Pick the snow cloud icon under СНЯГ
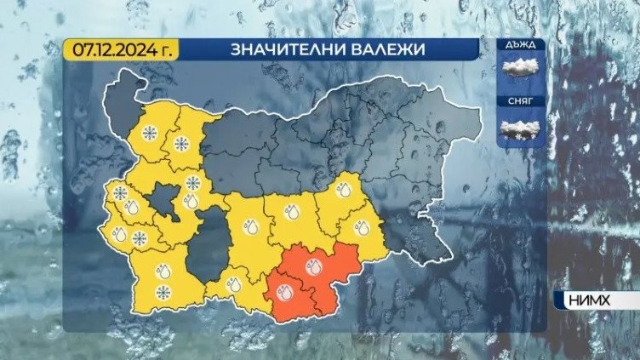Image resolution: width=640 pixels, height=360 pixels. [x=522, y=129]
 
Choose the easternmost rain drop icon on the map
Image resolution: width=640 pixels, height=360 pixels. [x=359, y=227]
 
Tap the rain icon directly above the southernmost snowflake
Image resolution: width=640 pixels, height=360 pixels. [x=163, y=271]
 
